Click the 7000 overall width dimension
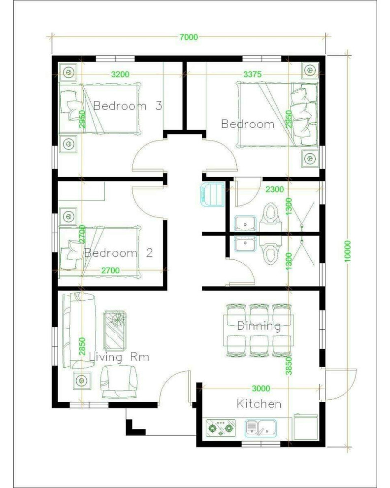click(x=189, y=37)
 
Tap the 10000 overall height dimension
click(x=347, y=251)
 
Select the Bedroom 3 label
click(x=128, y=106)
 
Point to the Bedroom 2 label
click(x=119, y=252)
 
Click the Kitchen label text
click(x=259, y=404)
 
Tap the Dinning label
click(x=259, y=325)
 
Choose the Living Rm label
click(x=119, y=357)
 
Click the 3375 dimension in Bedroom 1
click(x=252, y=74)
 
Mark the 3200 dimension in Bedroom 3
click(x=120, y=74)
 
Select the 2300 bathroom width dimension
click(x=274, y=189)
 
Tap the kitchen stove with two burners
click(x=221, y=428)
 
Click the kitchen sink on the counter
click(x=261, y=428)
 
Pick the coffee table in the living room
click(x=115, y=330)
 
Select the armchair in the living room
click(x=119, y=381)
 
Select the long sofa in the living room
click(x=78, y=331)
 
